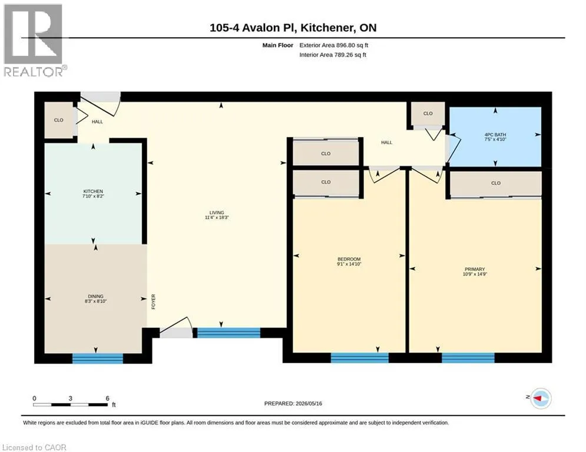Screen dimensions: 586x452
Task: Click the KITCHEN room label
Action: tap(93, 191)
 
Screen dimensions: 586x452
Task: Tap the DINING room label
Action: tap(95, 296)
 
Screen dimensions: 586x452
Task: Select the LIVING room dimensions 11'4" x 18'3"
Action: tap(217, 217)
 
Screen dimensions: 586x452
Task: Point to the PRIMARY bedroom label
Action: tap(475, 269)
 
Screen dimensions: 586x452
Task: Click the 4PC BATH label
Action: tap(495, 134)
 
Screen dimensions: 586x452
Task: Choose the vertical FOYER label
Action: tap(153, 302)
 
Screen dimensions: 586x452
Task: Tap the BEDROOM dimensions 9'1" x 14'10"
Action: tap(349, 264)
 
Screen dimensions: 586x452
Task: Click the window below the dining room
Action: tap(98, 358)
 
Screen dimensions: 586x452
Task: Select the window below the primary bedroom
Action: tap(468, 357)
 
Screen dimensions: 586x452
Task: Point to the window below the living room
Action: tap(229, 333)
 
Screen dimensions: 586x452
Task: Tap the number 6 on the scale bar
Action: tap(108, 398)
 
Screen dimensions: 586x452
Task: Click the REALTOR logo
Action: tap(33, 41)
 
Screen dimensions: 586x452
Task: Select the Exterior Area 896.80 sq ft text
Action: tap(334, 45)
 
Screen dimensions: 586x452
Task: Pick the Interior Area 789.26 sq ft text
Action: tap(333, 55)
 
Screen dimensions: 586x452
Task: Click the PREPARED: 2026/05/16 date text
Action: tap(293, 403)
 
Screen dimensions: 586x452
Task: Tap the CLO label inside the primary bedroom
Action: tap(496, 183)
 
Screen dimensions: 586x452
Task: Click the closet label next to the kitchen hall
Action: tap(59, 120)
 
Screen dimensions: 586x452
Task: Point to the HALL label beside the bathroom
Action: tap(387, 142)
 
